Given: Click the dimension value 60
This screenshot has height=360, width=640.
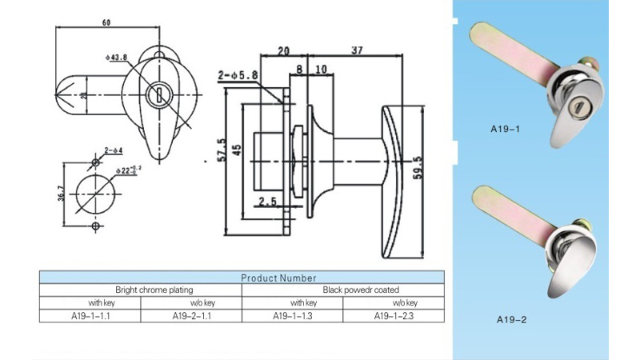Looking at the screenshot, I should pos(106,22).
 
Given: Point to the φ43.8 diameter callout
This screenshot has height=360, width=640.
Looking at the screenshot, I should pos(116,57).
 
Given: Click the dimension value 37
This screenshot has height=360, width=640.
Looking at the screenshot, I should pos(357,50).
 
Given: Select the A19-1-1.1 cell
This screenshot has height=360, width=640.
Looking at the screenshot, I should pos(90,316).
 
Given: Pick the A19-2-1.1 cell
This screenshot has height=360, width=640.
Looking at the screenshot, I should pos(191,316).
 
